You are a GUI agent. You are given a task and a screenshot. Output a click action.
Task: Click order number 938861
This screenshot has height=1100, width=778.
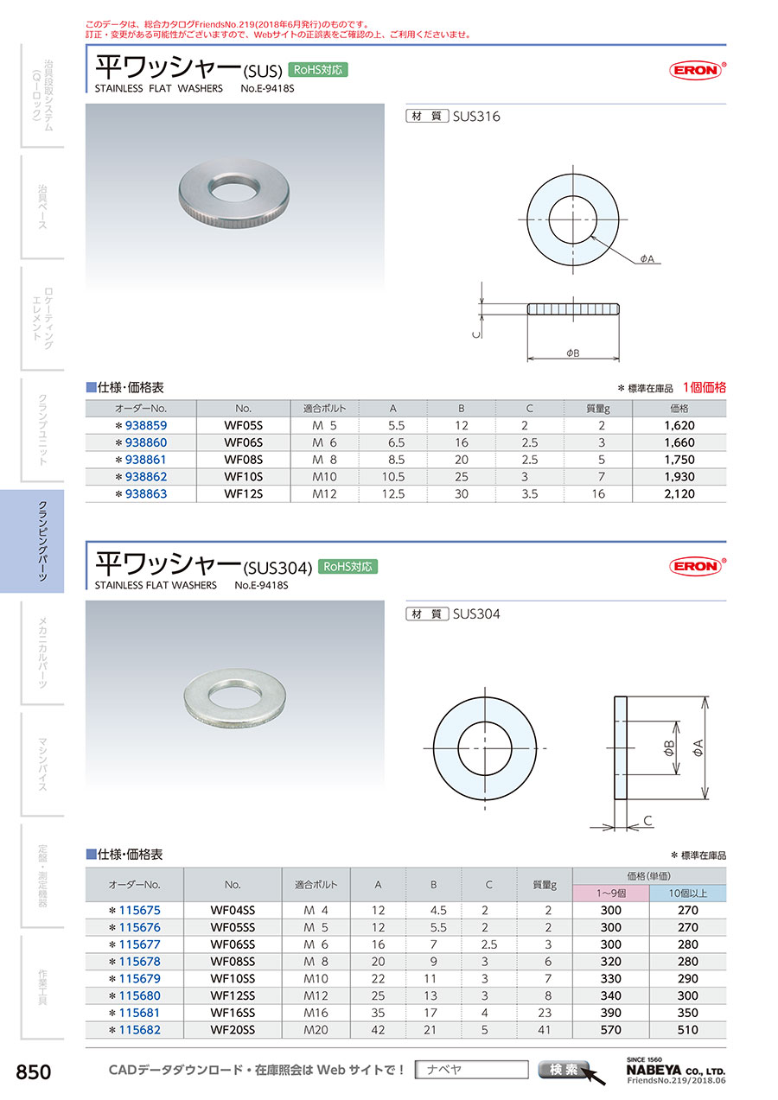coord(146,460)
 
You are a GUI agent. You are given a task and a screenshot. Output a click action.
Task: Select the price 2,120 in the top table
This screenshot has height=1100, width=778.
coord(679,493)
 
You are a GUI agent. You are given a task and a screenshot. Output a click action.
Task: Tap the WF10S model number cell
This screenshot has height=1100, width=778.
coord(243,477)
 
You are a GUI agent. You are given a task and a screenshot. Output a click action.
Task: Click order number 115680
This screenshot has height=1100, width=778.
coord(139,995)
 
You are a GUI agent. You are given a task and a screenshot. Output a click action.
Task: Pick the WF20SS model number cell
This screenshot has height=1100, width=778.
coord(233,1030)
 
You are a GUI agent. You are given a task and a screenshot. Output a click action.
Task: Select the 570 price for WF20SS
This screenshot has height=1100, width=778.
coord(610,1030)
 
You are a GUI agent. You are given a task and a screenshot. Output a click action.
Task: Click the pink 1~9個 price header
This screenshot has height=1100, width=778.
coord(611,893)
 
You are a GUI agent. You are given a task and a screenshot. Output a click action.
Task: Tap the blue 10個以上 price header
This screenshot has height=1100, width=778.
coord(687,893)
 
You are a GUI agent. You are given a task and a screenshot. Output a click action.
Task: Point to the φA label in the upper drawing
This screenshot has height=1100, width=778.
coord(647,258)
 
